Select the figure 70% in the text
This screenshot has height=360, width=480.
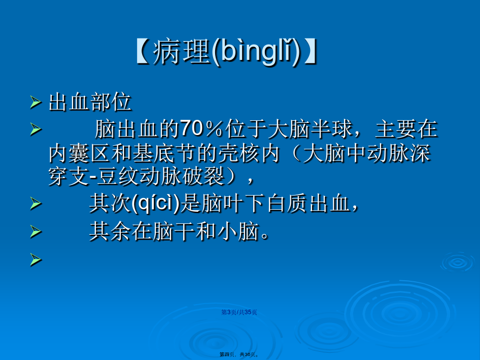click(201, 128)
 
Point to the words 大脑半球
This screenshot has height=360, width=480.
click(310, 128)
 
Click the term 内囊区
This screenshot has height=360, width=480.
click(79, 153)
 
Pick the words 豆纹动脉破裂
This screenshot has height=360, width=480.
click(161, 177)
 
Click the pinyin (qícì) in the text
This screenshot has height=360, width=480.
click(155, 204)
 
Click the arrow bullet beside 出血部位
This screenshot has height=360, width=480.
click(36, 103)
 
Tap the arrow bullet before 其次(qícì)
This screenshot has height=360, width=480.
click(36, 204)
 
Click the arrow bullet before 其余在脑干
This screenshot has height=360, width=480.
click(36, 232)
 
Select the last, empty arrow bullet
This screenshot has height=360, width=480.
click(36, 259)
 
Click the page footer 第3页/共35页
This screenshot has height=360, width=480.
click(239, 312)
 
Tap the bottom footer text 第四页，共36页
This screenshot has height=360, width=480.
click(239, 354)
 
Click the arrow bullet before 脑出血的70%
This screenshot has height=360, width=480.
click(36, 129)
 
